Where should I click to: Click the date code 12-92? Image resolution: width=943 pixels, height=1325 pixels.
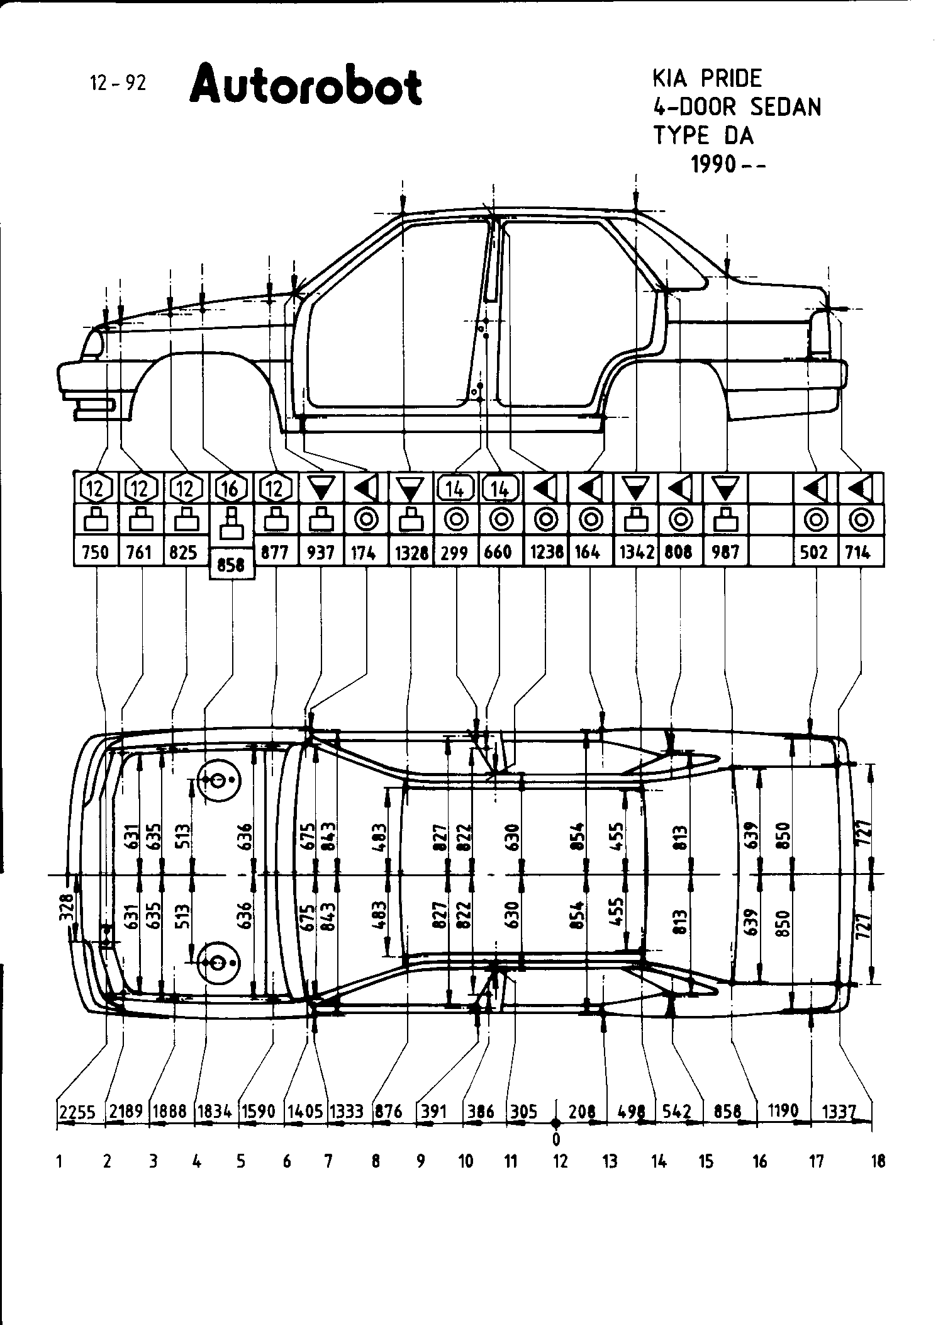118,83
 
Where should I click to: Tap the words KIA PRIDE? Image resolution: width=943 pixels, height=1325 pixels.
707,79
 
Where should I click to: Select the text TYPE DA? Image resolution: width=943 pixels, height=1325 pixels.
703,135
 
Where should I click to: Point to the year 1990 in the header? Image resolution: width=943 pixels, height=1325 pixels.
713,164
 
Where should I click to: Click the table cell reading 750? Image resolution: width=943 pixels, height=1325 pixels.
96,553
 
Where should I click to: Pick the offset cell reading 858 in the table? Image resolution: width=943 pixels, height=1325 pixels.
231,565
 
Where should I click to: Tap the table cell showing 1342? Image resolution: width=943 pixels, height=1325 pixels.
636,553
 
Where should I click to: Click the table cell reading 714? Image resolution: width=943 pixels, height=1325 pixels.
858,553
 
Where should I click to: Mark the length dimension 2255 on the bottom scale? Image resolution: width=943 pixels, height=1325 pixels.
77,1112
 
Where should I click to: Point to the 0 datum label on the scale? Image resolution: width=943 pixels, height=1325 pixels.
555,1139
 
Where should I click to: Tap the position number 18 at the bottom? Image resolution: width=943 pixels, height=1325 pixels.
878,1162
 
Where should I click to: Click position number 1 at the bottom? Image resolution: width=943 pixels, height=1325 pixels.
59,1162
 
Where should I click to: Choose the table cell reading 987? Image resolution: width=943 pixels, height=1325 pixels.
725,553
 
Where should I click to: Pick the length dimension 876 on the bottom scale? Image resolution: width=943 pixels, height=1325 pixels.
389,1112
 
